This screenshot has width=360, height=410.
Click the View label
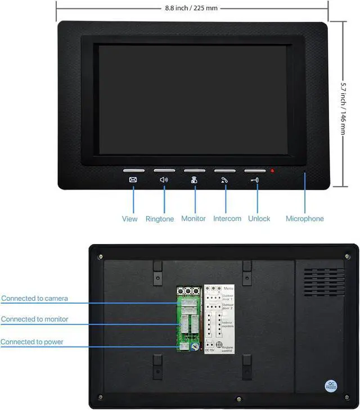pos(129,219)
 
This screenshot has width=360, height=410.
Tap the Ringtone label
pos(160,219)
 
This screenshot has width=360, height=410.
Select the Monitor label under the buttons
pos(193,219)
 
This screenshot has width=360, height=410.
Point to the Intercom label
pos(227,219)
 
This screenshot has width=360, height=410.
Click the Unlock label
pos(259,219)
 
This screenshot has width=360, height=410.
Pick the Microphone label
pos(305,219)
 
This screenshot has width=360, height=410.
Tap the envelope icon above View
pos(133,180)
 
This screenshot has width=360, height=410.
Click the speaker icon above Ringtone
pos(164,180)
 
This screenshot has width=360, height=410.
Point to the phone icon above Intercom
pos(224,180)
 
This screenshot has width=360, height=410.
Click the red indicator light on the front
pos(272,170)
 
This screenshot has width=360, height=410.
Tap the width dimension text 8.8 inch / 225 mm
pos(191,8)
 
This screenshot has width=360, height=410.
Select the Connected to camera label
pos(34,298)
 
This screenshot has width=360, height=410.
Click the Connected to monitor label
pos(34,319)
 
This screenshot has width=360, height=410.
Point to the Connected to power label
pos(32,341)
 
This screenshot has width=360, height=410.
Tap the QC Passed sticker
pos(331,386)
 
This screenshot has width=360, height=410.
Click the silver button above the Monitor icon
pos(195,170)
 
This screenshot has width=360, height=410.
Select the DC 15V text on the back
pos(210,350)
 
